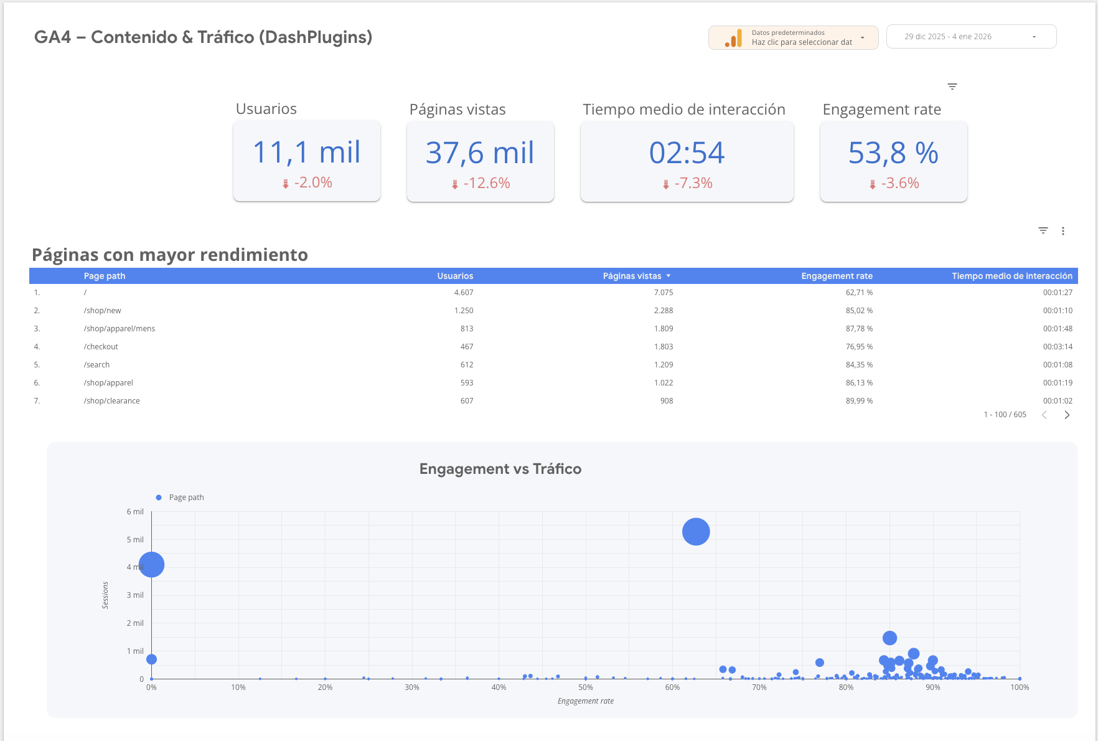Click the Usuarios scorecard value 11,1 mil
click(306, 153)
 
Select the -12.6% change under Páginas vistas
click(486, 183)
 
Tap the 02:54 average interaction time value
click(687, 153)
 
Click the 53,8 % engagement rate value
click(893, 153)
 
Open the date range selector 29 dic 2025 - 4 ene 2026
click(970, 37)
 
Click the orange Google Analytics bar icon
click(733, 39)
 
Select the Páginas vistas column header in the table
click(632, 276)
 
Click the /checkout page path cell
click(101, 347)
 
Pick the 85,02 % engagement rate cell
click(859, 311)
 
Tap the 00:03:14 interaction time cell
click(1058, 347)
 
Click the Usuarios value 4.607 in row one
click(463, 293)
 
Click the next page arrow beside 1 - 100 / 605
click(1067, 415)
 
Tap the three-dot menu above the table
click(1063, 231)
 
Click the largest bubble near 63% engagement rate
click(696, 532)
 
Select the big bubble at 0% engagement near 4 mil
click(152, 565)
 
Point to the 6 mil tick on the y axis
click(135, 512)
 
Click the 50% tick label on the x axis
click(585, 687)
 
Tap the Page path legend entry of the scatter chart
click(186, 498)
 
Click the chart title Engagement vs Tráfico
click(500, 469)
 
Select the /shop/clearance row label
click(111, 401)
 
